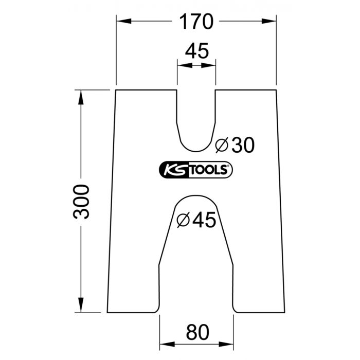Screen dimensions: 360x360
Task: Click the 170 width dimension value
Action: click(x=195, y=22)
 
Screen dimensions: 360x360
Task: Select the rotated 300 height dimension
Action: click(x=82, y=201)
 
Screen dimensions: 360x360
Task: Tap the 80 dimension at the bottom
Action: click(x=196, y=332)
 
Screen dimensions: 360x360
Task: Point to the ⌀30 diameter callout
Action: click(x=235, y=146)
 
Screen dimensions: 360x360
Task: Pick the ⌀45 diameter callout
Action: click(x=195, y=220)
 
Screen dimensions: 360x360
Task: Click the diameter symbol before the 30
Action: click(x=221, y=146)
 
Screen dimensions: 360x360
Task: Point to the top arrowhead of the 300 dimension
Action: click(x=80, y=96)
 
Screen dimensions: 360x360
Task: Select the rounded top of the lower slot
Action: click(x=196, y=196)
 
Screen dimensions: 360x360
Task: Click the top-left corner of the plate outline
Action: click(x=116, y=90)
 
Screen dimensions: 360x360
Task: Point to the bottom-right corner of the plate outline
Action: click(x=284, y=312)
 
